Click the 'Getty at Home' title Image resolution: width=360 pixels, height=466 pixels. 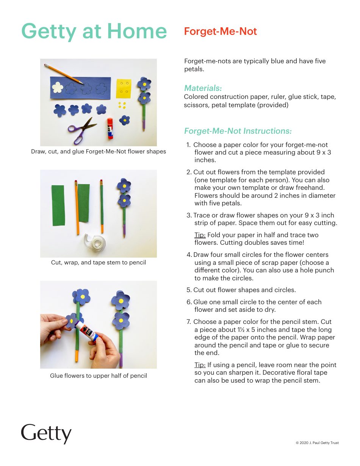tap(94, 31)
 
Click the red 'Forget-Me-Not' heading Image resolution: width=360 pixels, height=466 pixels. tap(220, 31)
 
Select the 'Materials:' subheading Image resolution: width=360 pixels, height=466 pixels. tap(203, 88)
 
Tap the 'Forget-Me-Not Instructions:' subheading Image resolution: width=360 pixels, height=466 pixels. tap(238, 131)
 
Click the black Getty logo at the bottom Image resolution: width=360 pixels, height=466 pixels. tap(46, 433)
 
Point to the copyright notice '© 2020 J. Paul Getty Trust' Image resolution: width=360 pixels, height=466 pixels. tap(317, 443)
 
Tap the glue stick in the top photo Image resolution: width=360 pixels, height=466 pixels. tap(110, 128)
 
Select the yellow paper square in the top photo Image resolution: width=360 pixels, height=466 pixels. tap(124, 89)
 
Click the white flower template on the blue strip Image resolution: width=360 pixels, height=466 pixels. tap(58, 88)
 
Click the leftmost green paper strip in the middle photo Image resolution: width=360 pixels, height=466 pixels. tap(58, 205)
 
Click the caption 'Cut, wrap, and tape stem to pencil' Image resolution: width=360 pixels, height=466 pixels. tap(98, 263)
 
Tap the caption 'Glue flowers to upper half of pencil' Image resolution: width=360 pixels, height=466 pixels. tap(98, 376)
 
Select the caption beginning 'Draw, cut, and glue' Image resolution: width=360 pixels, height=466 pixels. tap(98, 152)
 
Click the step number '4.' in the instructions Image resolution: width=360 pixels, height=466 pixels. tap(189, 255)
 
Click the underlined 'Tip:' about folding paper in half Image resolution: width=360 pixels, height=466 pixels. tap(200, 235)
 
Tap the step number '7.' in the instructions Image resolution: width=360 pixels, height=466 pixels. tap(189, 322)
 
